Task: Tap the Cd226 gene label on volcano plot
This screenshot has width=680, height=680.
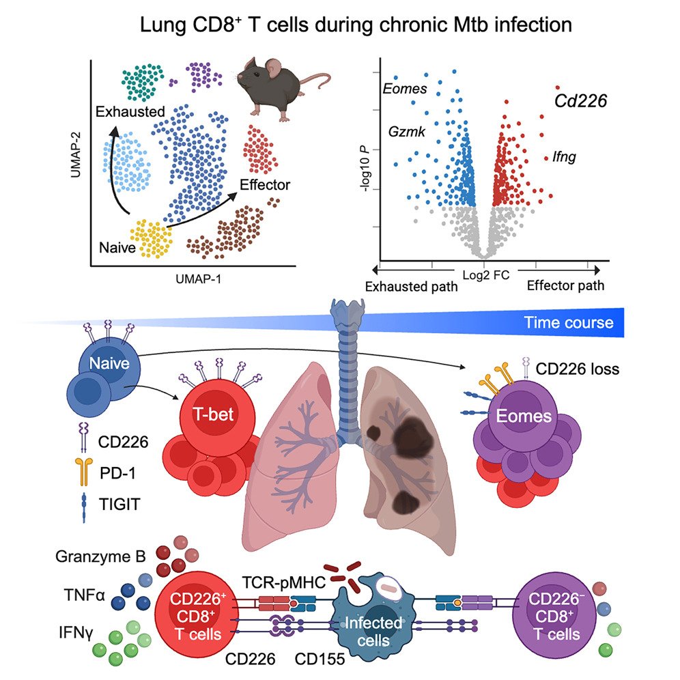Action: pos(580,101)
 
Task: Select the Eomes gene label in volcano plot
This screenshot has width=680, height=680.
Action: pos(405,89)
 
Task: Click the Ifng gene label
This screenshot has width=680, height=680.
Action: pos(564,157)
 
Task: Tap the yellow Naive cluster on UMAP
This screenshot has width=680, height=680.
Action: pos(150,238)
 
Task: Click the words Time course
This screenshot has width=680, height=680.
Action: pos(568,322)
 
